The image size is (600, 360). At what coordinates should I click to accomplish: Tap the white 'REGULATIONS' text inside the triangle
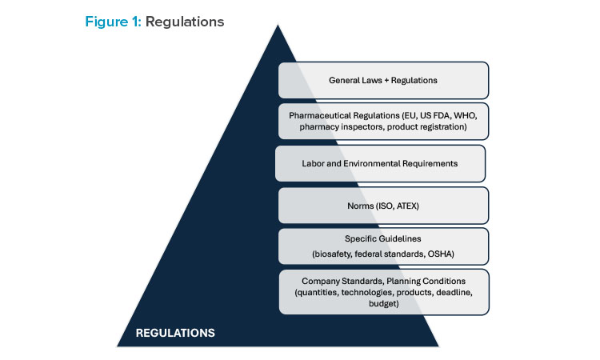pyautogui.click(x=174, y=331)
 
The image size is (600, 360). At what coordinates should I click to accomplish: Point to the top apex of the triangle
pyautogui.click(x=278, y=25)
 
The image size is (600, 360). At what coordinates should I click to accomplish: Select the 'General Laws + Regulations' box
pyautogui.click(x=383, y=80)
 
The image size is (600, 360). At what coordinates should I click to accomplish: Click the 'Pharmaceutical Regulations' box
pyautogui.click(x=383, y=121)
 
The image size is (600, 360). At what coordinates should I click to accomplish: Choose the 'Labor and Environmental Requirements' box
pyautogui.click(x=380, y=163)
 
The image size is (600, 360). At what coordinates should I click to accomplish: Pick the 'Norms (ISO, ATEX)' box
pyautogui.click(x=383, y=206)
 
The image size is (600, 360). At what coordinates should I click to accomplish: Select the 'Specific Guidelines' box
pyautogui.click(x=383, y=246)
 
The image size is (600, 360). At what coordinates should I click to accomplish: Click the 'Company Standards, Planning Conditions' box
pyautogui.click(x=383, y=292)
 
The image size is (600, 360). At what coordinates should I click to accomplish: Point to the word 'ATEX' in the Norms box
pyautogui.click(x=403, y=206)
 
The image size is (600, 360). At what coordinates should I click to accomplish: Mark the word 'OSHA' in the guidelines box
pyautogui.click(x=440, y=254)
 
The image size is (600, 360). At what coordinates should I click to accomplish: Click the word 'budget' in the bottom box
pyautogui.click(x=383, y=304)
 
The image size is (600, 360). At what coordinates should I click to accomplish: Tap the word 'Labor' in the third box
pyautogui.click(x=314, y=163)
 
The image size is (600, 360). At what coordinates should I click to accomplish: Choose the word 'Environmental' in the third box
pyautogui.click(x=360, y=163)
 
